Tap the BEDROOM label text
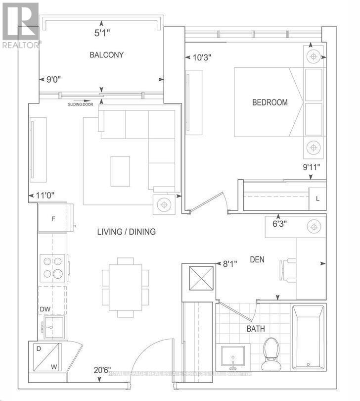270,102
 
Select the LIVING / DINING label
126,231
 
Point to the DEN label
258,259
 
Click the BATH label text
256,328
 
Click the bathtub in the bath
308,337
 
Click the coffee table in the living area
120,170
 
